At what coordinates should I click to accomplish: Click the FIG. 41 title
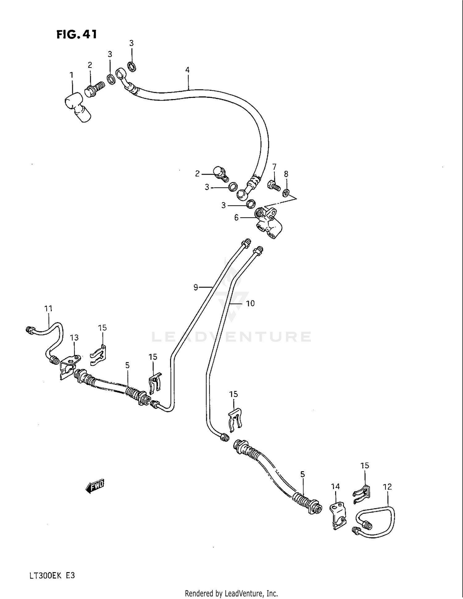pos(77,34)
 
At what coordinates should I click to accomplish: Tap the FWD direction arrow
pos(95,487)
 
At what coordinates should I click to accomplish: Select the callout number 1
pos(72,75)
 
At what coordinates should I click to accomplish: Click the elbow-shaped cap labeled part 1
pos(77,108)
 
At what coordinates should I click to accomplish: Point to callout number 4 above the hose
pos(187,70)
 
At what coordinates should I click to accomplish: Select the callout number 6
pos(236,218)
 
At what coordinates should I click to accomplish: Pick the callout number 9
pos(196,287)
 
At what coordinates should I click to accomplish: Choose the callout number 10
pos(250,304)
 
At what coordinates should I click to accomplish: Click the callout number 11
pos(48,308)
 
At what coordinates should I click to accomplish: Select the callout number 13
pos(74,338)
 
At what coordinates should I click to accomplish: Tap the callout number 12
pos(387,487)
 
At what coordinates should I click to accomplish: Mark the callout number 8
pos(286,174)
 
